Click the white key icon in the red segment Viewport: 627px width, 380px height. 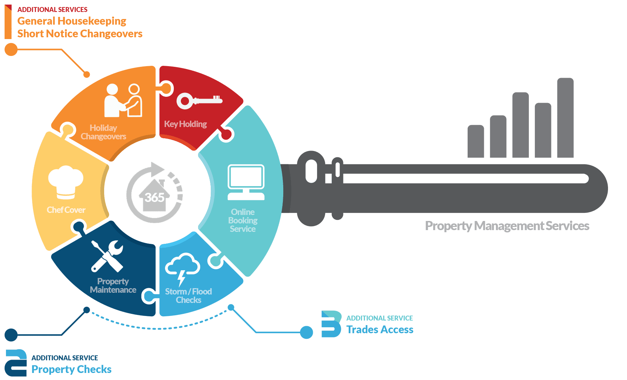click(199, 101)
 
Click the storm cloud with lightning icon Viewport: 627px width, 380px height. click(182, 268)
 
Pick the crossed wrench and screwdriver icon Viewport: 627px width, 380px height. click(107, 256)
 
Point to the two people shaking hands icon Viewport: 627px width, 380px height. click(123, 100)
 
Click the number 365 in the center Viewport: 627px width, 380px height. click(154, 197)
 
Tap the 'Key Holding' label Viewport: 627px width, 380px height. click(185, 124)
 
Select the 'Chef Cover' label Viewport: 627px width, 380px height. click(66, 210)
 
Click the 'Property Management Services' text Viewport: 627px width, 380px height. click(507, 226)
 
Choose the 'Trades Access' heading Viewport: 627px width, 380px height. click(380, 330)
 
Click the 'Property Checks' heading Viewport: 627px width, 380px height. click(71, 369)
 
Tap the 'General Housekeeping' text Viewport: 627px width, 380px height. click(72, 21)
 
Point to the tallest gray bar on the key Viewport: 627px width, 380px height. click(565, 118)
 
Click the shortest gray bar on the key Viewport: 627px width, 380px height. click(476, 141)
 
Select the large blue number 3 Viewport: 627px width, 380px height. click(331, 324)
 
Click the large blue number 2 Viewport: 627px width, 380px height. click(16, 363)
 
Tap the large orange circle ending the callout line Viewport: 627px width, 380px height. click(11, 50)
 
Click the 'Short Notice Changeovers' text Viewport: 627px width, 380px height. click(80, 34)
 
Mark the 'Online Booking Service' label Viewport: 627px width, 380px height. click(243, 221)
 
